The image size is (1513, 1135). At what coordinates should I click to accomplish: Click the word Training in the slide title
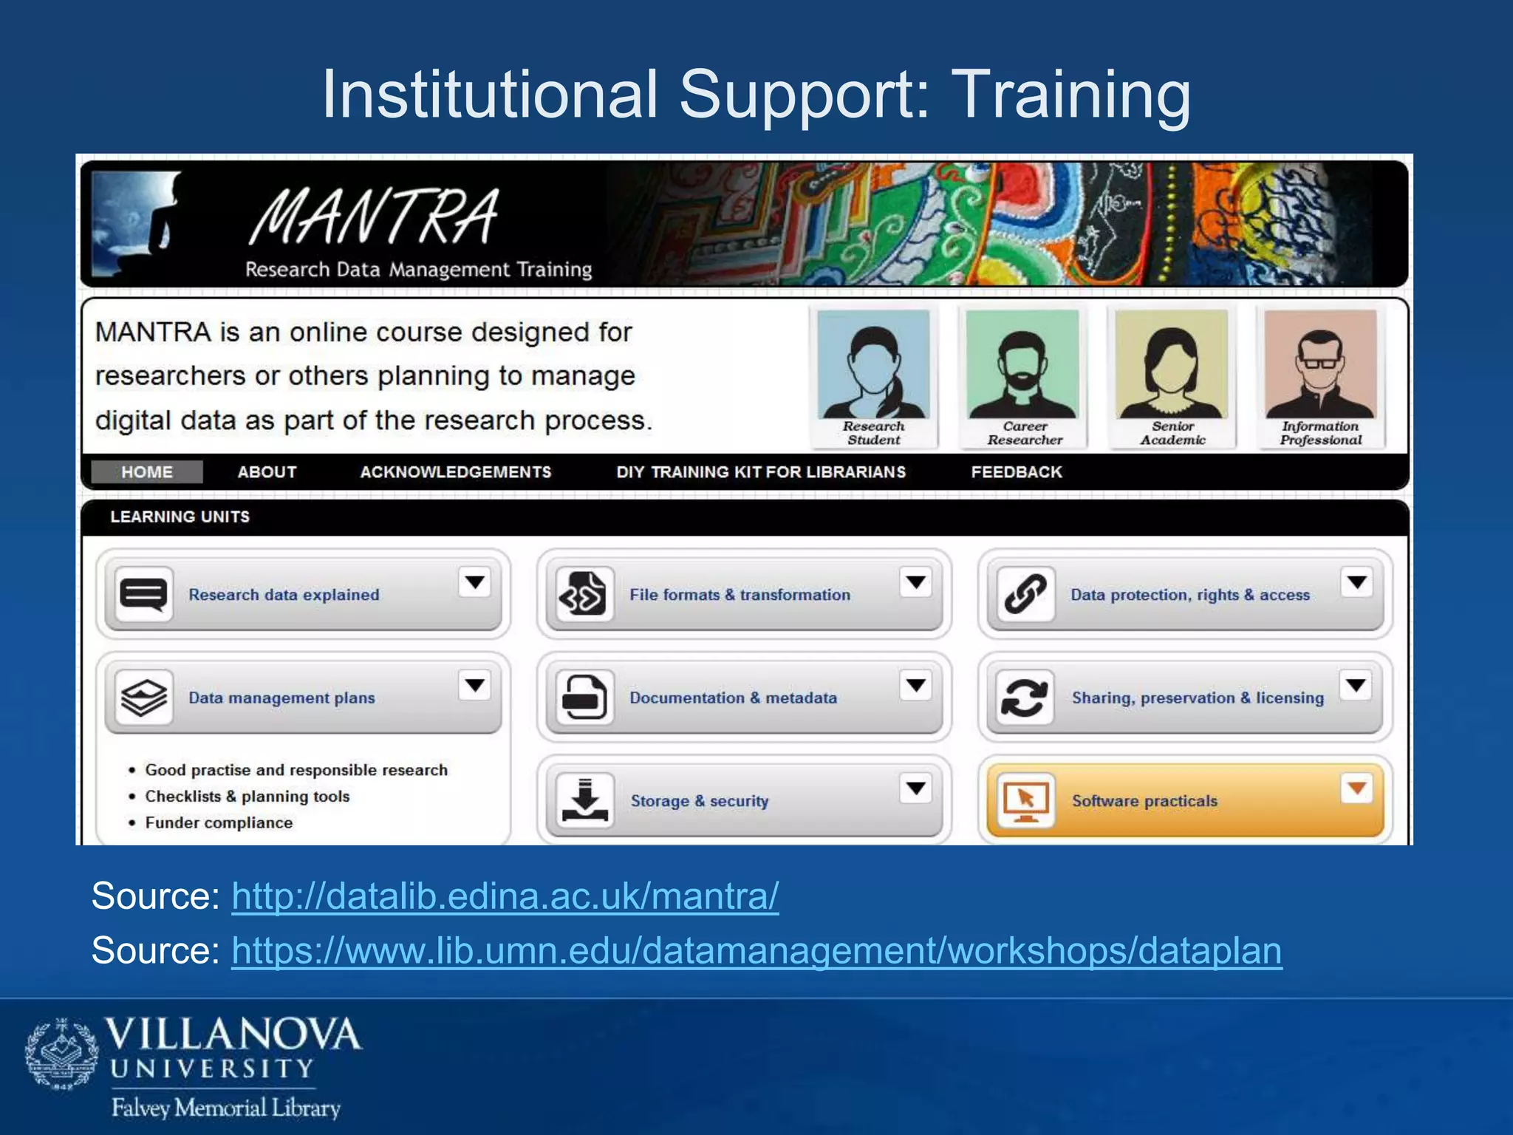(x=1070, y=95)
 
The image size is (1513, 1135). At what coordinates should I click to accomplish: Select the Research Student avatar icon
(x=874, y=366)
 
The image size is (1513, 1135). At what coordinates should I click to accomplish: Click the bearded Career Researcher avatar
(x=1023, y=366)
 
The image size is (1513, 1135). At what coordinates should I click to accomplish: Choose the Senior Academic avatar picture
(x=1172, y=366)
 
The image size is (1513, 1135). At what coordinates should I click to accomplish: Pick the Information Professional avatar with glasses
(x=1320, y=366)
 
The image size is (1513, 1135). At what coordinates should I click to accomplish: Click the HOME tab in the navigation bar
(x=147, y=472)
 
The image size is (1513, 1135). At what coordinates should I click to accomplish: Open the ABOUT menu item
(x=267, y=472)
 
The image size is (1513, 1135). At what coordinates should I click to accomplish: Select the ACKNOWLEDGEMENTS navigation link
(x=455, y=472)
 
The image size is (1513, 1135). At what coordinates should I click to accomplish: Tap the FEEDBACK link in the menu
(x=1016, y=472)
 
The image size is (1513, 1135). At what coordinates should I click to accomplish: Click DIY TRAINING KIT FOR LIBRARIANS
(x=761, y=472)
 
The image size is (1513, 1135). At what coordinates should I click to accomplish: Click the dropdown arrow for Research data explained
(x=475, y=582)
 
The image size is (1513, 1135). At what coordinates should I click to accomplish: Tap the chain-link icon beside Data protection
(x=1025, y=594)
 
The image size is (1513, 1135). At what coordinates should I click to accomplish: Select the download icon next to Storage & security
(x=584, y=800)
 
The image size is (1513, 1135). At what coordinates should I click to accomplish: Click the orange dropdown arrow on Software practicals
(x=1356, y=788)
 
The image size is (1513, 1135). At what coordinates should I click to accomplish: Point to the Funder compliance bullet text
(x=219, y=822)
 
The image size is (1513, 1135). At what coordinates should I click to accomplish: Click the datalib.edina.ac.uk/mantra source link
(x=505, y=896)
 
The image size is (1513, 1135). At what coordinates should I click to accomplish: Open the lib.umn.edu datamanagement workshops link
(x=756, y=950)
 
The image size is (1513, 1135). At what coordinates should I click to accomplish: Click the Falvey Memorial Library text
(x=226, y=1108)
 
